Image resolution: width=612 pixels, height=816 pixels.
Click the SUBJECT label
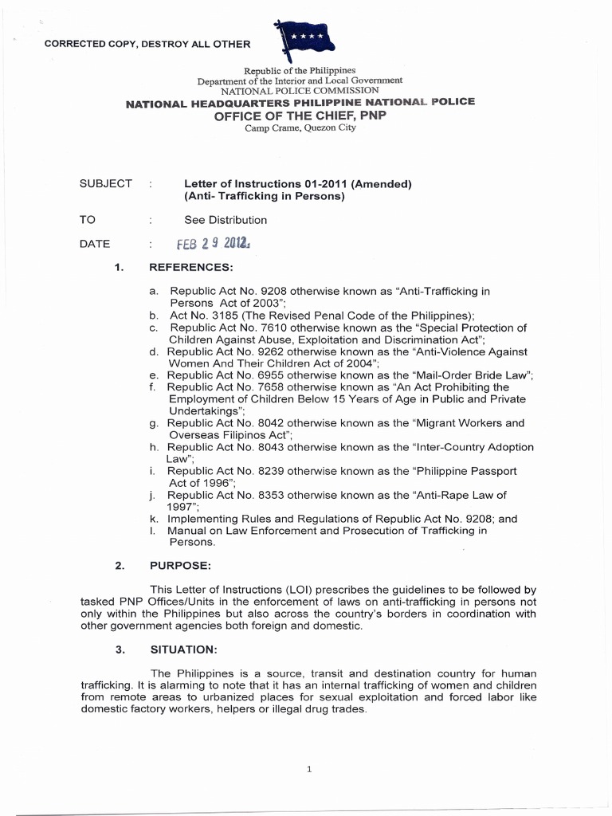[x=106, y=184]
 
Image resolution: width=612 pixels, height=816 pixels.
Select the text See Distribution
[x=226, y=220]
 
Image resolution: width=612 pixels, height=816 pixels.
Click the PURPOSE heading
[x=180, y=566]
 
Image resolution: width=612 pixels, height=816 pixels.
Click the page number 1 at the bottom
[x=308, y=769]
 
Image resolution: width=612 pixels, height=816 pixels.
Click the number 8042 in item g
[x=269, y=423]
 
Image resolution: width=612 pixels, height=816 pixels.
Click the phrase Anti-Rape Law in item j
[x=452, y=495]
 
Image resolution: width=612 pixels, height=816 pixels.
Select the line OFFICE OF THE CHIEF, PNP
[x=300, y=115]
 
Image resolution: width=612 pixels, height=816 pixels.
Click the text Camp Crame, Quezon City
[x=300, y=127]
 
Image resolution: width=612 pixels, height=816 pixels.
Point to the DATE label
[x=95, y=245]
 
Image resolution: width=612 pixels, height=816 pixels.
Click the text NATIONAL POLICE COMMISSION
[x=300, y=91]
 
